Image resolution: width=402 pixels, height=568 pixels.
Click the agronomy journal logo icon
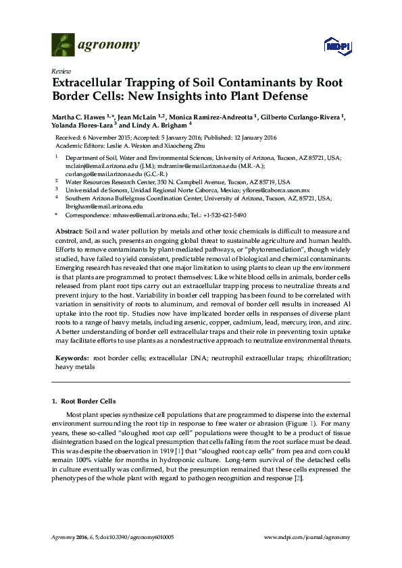pyautogui.click(x=63, y=45)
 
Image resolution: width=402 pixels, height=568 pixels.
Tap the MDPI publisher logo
pyautogui.click(x=336, y=47)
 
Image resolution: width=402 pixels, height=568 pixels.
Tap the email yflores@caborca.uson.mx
pyautogui.click(x=278, y=191)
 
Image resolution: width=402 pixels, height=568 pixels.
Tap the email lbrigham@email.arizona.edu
pyautogui.click(x=103, y=207)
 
